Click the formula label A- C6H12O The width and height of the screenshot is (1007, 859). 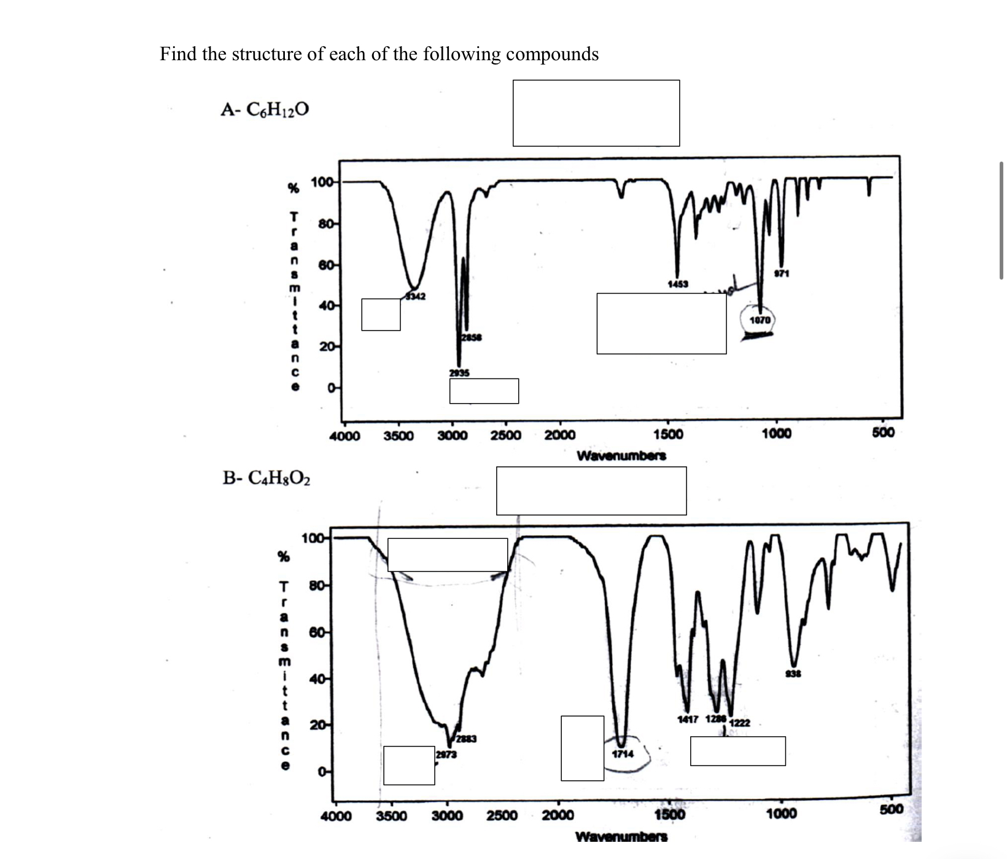(x=265, y=109)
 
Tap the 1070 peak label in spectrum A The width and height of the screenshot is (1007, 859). (x=760, y=320)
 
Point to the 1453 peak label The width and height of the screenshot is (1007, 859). (x=678, y=284)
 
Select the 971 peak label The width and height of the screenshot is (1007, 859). (x=781, y=273)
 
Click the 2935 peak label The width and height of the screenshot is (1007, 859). (x=459, y=372)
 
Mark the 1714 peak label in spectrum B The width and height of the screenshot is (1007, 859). (x=623, y=754)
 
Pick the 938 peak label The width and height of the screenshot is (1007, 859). (x=794, y=674)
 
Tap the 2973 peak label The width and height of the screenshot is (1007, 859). (x=446, y=755)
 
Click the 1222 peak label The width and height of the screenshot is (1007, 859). (x=739, y=723)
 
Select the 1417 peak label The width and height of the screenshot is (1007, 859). (x=688, y=719)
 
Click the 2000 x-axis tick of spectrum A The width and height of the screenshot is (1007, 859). (x=560, y=436)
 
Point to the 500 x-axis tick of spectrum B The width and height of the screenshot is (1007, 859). (x=891, y=809)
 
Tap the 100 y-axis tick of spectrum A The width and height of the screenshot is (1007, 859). (x=322, y=182)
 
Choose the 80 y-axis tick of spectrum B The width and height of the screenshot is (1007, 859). (x=317, y=585)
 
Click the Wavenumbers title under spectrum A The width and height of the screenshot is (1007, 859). (x=621, y=456)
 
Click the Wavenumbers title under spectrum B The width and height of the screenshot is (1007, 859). (x=621, y=836)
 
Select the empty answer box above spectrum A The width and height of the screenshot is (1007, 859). (x=596, y=113)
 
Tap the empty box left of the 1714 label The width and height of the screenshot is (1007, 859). (x=582, y=748)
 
